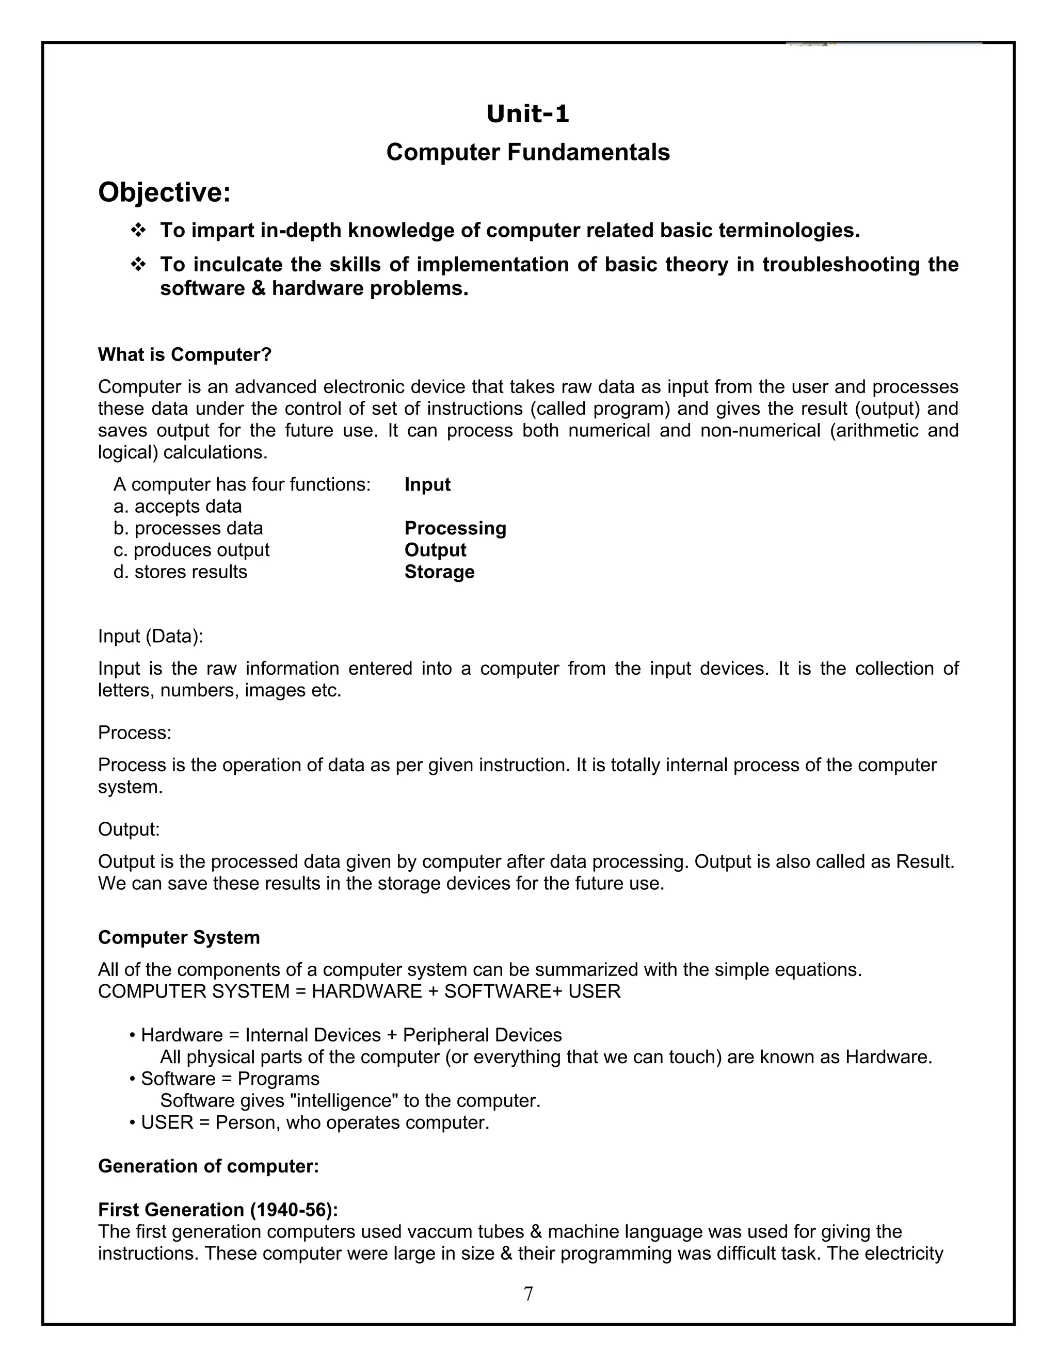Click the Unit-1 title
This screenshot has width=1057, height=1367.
tap(528, 115)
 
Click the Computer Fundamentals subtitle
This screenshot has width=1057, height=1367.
tap(528, 152)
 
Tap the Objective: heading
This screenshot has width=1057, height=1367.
tap(164, 192)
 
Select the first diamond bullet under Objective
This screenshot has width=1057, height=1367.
tap(138, 231)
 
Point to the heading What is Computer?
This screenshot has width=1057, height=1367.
tap(185, 355)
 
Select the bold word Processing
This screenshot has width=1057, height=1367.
tap(455, 528)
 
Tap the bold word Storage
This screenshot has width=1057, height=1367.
tap(439, 572)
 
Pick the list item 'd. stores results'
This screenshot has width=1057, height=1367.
tap(180, 572)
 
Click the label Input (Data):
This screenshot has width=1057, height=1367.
tap(150, 637)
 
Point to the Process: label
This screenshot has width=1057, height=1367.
tap(135, 733)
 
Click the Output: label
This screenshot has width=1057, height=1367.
tap(129, 830)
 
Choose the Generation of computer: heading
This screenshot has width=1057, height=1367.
tap(209, 1167)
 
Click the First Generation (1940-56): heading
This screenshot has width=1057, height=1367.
tap(218, 1210)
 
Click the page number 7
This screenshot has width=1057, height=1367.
tap(528, 1294)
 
